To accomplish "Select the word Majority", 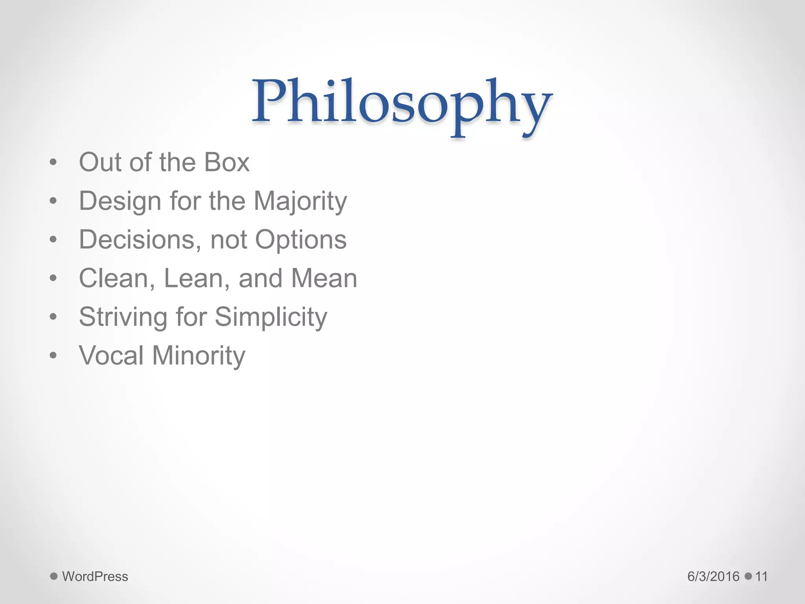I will [300, 201].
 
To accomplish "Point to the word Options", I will [301, 240].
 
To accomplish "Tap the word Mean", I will [324, 278].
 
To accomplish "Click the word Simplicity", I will [271, 317].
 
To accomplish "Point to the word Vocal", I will [111, 355].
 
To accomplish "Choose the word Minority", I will [198, 355].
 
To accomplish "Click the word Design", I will [119, 201].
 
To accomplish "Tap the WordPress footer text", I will [95, 576].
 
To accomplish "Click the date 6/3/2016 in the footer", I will [713, 576].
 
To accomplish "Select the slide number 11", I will [761, 576].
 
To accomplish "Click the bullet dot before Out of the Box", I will [53, 162].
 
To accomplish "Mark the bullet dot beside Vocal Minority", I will [53, 355].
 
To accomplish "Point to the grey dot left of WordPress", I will [54, 576].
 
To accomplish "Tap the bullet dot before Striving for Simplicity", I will [53, 317].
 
